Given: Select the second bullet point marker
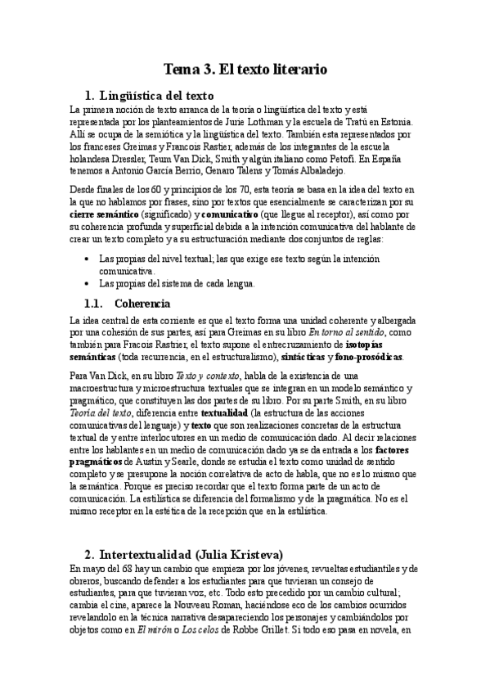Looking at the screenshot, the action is point(88,284).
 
